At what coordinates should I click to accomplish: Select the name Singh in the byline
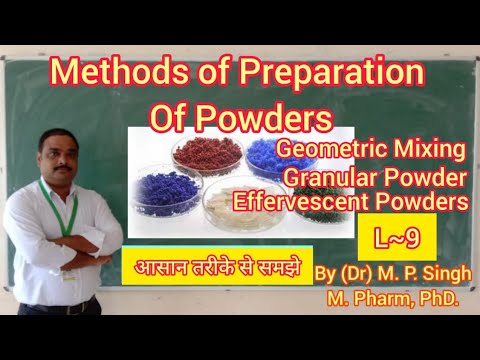[446, 274]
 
